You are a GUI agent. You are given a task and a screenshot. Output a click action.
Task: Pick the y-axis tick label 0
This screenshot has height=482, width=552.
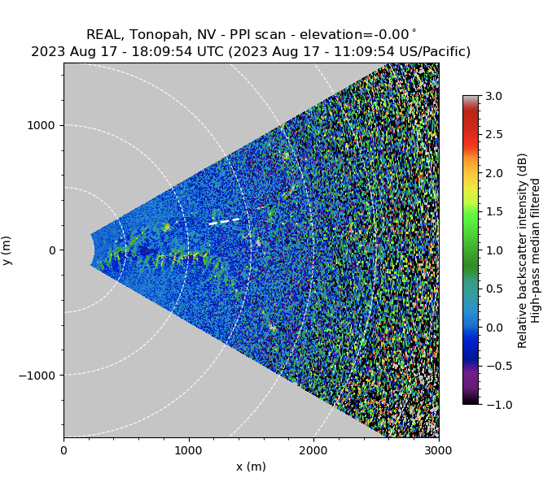tap(51, 250)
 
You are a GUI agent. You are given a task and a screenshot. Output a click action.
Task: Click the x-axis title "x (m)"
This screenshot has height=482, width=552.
tap(251, 467)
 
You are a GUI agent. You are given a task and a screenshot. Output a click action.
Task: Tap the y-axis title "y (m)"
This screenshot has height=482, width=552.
tap(7, 250)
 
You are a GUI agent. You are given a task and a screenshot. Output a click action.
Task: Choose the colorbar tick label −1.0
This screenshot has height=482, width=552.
tap(493, 404)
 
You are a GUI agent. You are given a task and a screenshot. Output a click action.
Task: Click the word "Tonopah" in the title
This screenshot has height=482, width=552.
tap(156, 35)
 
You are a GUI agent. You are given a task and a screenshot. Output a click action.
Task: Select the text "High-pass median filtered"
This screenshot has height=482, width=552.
tap(537, 250)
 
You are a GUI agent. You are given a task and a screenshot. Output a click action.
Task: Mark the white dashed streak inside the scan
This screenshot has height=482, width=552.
tap(225, 221)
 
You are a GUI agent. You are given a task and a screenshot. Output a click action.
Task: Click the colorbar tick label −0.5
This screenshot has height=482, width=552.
tap(493, 366)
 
